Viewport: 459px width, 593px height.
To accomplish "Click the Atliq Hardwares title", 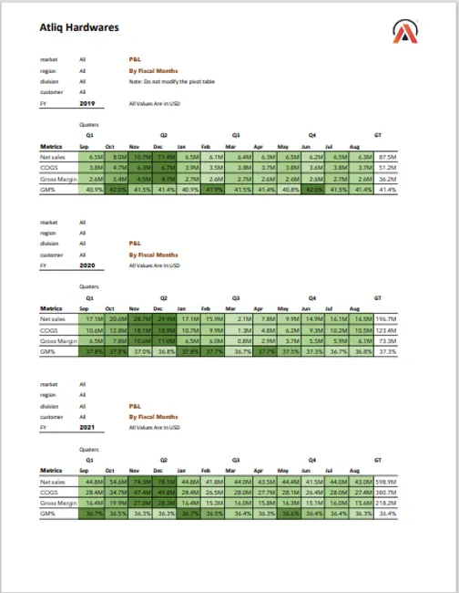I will click(x=79, y=27).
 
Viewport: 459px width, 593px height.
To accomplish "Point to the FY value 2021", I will click(x=87, y=427).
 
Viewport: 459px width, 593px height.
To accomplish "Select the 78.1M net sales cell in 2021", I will click(x=165, y=481).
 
